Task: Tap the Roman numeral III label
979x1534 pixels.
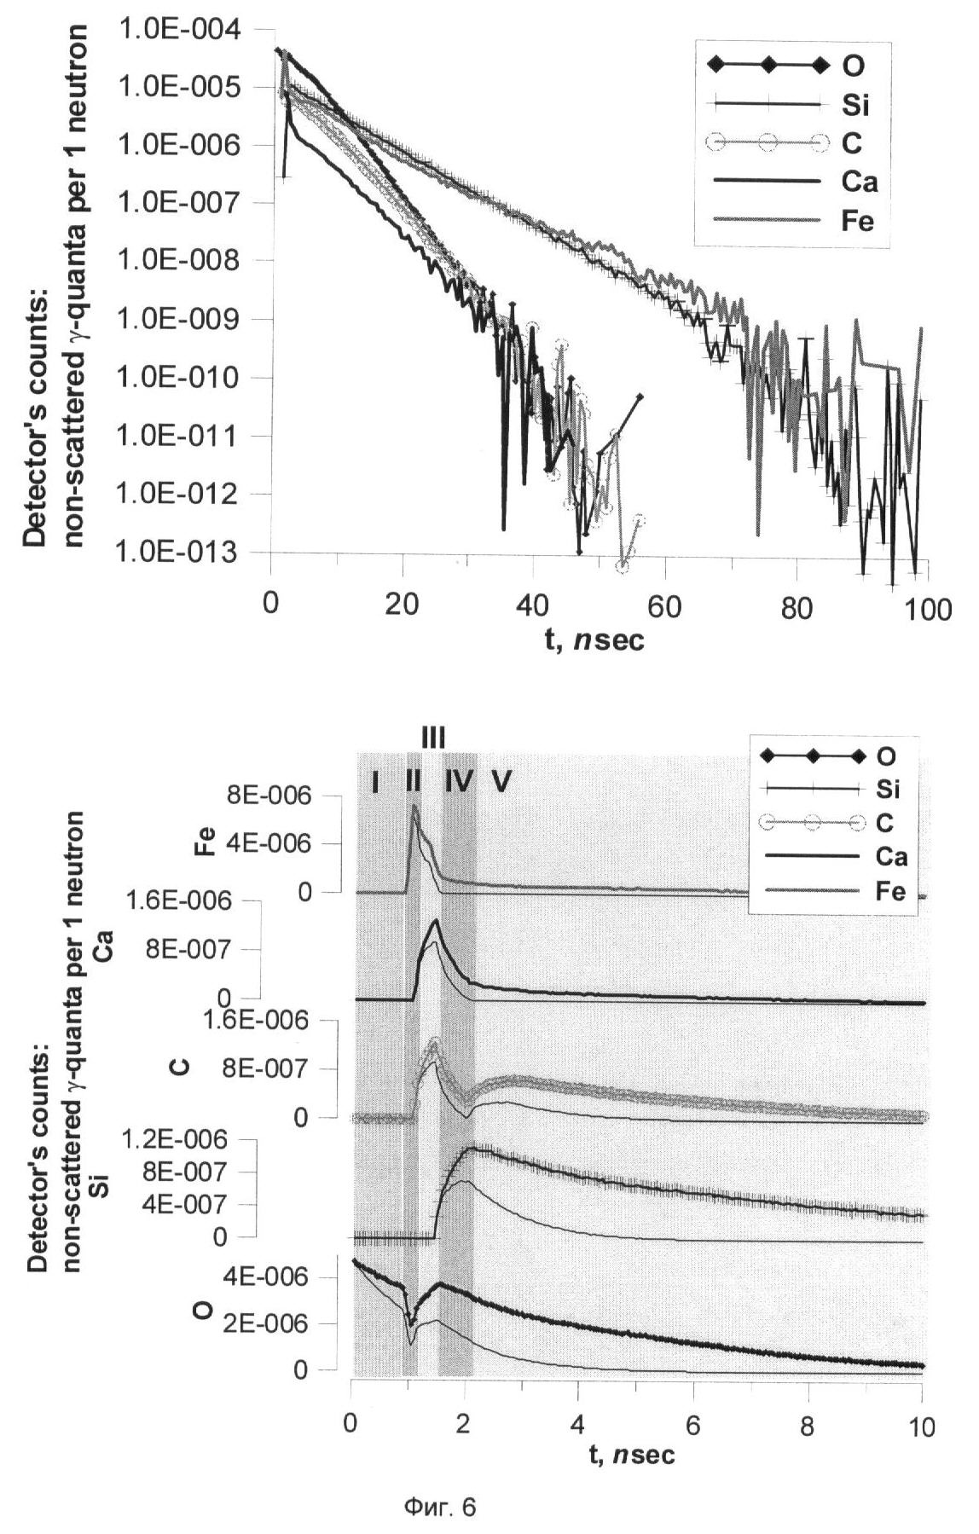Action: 432,738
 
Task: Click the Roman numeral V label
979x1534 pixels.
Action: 500,781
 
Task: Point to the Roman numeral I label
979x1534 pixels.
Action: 374,781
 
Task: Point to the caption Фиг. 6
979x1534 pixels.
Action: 439,1508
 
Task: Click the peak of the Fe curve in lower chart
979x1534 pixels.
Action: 414,805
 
